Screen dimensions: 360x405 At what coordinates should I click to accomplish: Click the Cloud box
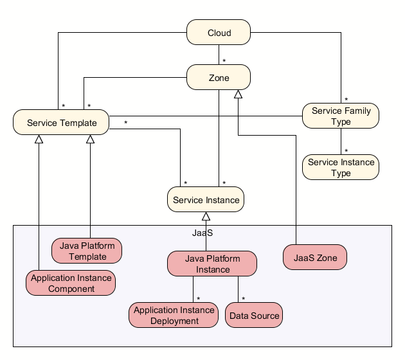click(219, 33)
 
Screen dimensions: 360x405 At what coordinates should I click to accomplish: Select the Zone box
click(219, 78)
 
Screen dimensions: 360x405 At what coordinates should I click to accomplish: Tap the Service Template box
click(61, 123)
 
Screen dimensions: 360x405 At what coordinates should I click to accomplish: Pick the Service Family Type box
click(341, 116)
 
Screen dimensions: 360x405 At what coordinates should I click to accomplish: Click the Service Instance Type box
click(341, 167)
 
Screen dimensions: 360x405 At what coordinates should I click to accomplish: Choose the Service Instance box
click(206, 200)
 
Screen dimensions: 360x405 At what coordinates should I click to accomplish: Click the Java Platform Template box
click(87, 251)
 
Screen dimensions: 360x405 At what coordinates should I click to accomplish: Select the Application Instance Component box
click(71, 283)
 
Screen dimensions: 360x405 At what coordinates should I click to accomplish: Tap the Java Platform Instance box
click(212, 264)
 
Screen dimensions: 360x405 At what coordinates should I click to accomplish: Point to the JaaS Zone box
click(315, 258)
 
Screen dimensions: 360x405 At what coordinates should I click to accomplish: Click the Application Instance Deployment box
click(174, 315)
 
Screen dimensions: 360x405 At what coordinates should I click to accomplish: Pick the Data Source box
click(254, 316)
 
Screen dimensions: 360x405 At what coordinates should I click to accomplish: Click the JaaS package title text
click(202, 232)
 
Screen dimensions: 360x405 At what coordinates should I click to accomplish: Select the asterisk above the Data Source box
click(244, 300)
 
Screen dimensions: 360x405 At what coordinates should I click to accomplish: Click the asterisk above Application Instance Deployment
click(199, 300)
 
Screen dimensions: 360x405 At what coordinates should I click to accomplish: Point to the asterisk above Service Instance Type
click(346, 151)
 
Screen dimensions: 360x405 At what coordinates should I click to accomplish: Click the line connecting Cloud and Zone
click(219, 55)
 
